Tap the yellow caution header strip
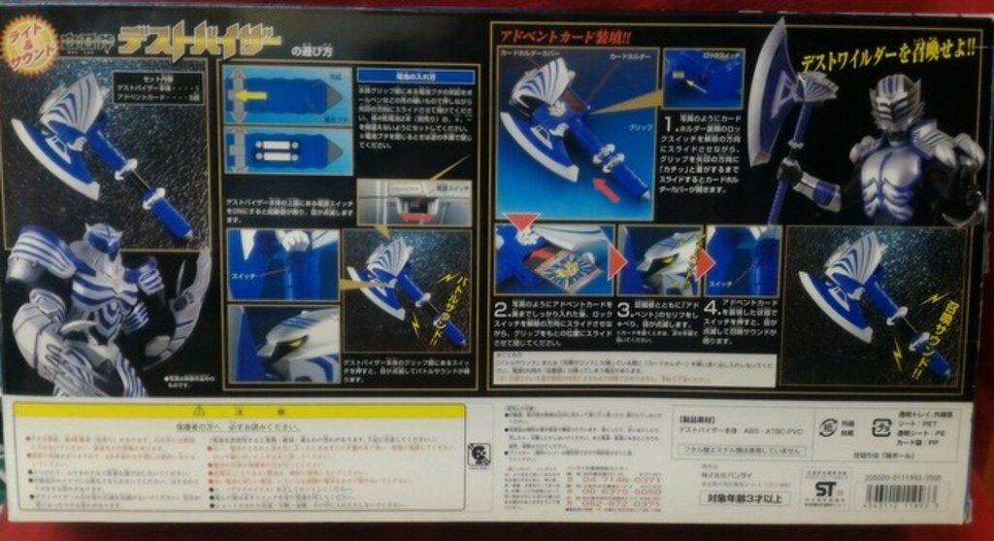(239, 411)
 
